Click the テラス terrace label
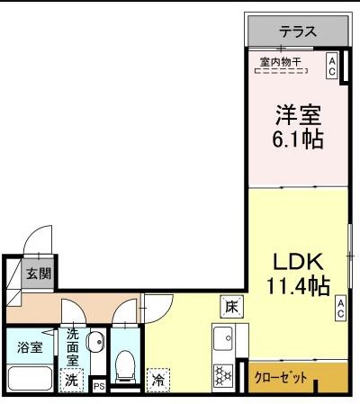point(297,31)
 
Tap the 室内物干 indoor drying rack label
point(281,62)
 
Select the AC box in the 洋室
point(331,66)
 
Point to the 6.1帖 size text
point(298,139)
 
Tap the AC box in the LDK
point(342,308)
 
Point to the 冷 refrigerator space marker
point(159,380)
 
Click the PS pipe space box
point(98,386)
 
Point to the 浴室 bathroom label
point(28,346)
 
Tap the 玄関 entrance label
point(37,274)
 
